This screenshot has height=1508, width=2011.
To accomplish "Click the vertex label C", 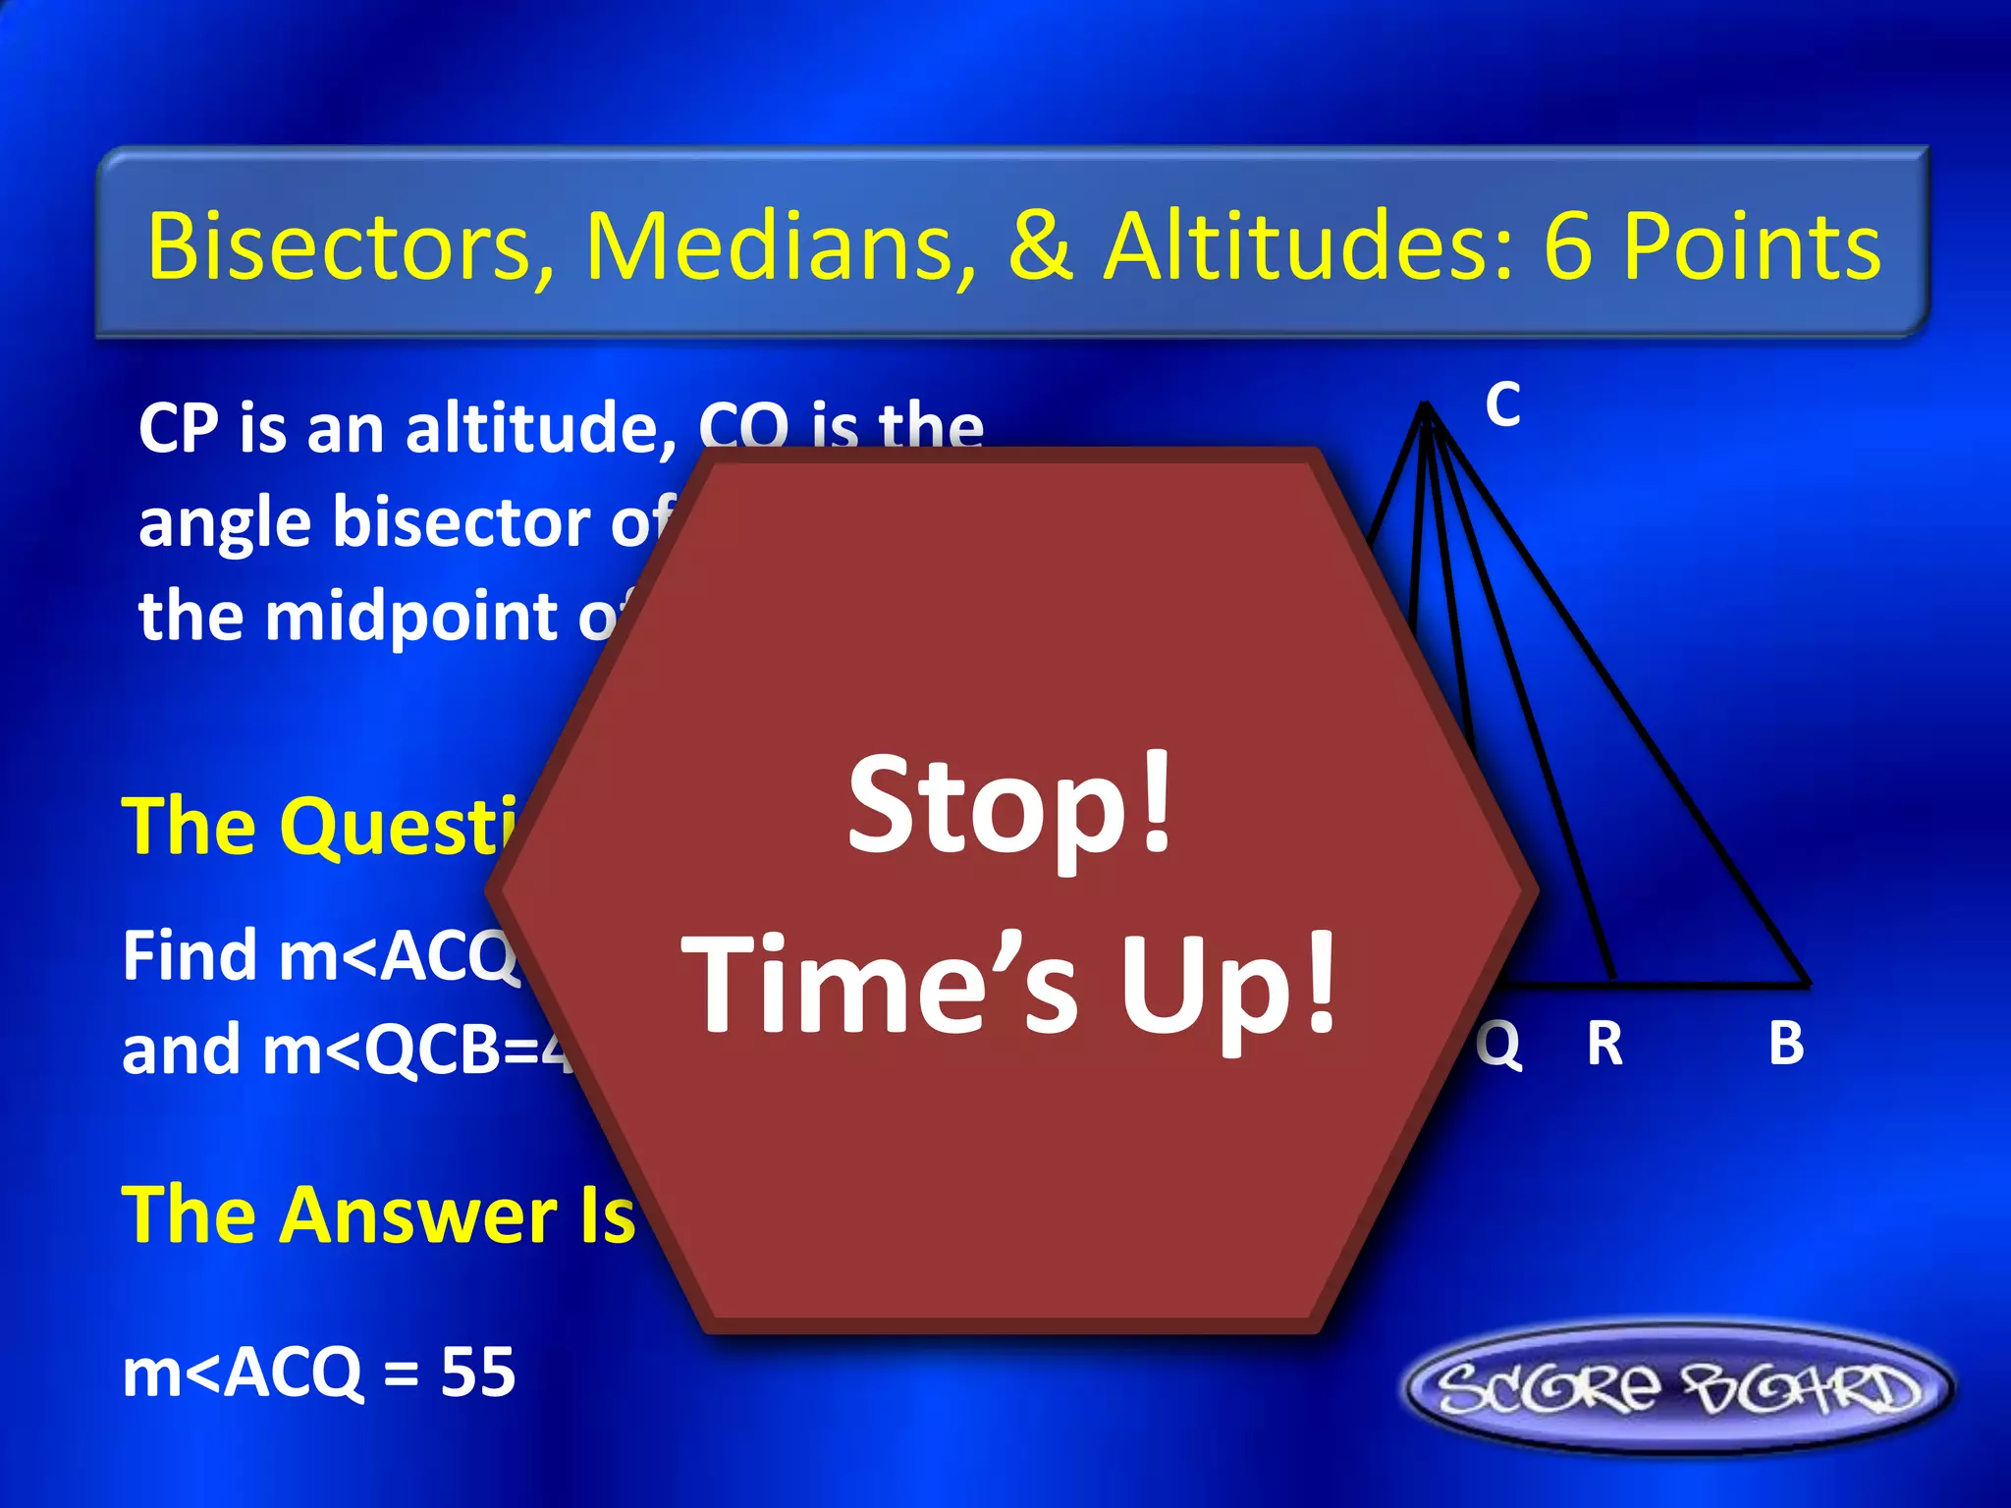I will [1502, 404].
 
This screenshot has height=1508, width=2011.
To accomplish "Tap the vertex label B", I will [1786, 1043].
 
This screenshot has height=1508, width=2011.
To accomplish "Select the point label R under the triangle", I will [1604, 1043].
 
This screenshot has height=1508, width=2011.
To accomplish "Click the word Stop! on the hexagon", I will [1011, 807].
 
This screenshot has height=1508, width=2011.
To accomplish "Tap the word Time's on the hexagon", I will [880, 985].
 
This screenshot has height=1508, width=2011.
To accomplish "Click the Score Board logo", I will [1678, 1388].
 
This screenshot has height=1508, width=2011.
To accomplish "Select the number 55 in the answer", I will [477, 1372].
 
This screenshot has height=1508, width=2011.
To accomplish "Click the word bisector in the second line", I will [462, 522].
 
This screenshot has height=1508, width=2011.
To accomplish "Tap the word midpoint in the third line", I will [411, 617].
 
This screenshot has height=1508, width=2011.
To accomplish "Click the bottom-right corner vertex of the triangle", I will [1808, 983].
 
